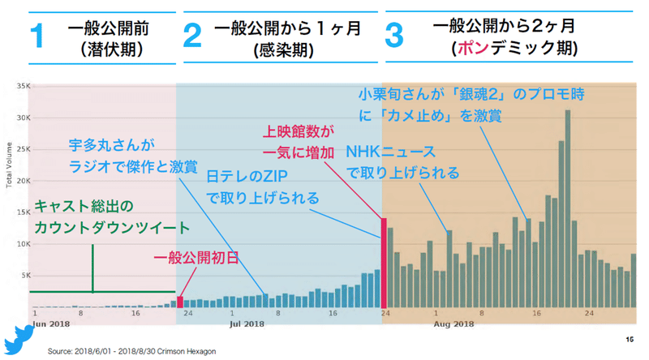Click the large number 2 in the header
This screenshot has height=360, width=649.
pos(191,37)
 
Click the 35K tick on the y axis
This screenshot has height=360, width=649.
pos(23,86)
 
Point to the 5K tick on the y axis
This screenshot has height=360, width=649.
pos(24,276)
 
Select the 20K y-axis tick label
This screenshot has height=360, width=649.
pos(23,181)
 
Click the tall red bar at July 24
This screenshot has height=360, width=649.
pos(384,263)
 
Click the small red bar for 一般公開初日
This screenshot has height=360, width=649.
pos(180,302)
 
